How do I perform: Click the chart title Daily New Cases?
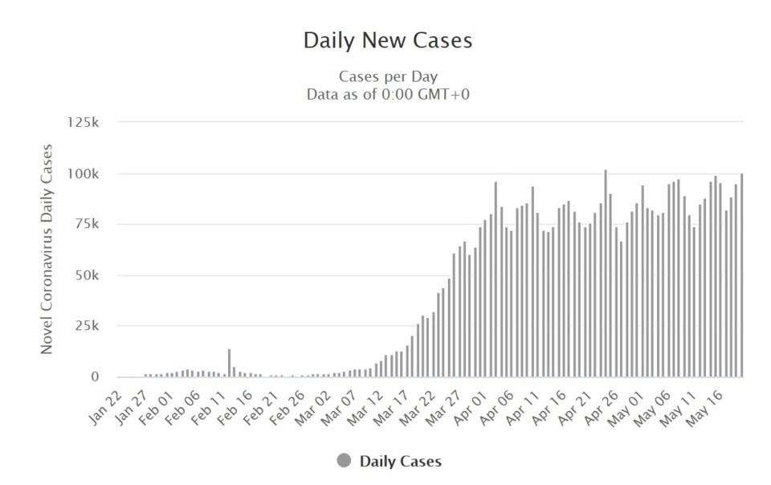click(387, 40)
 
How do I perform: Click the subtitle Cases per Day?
click(388, 77)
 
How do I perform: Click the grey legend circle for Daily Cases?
click(345, 461)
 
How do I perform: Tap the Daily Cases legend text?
click(400, 462)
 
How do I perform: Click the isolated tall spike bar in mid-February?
click(229, 362)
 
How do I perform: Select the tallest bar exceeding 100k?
click(605, 273)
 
